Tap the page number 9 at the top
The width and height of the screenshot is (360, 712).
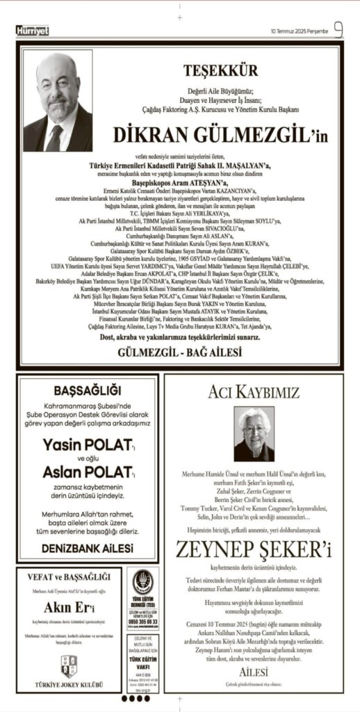click(338, 29)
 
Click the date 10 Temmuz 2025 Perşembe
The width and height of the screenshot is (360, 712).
click(300, 31)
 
